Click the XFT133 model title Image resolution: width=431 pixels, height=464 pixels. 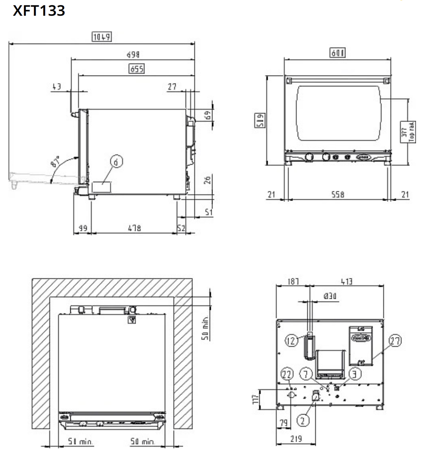point(39,11)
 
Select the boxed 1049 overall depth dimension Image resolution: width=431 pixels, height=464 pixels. point(102,37)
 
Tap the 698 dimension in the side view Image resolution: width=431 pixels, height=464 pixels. point(133,55)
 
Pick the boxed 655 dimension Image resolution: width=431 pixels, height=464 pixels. point(137,69)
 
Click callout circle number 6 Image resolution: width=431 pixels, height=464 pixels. point(117,162)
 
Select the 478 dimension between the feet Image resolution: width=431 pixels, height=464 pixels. point(134,228)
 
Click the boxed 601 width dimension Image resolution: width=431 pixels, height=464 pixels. point(338,53)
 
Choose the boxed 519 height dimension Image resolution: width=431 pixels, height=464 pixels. point(260,120)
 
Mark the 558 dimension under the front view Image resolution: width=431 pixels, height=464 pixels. point(338,195)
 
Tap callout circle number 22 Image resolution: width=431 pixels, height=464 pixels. point(287,374)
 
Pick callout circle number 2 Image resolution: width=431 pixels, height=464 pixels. point(303,421)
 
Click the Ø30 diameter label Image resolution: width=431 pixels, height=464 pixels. point(330,296)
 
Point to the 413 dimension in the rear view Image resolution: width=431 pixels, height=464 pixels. point(346,282)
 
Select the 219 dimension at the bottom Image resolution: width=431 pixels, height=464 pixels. point(296,439)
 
